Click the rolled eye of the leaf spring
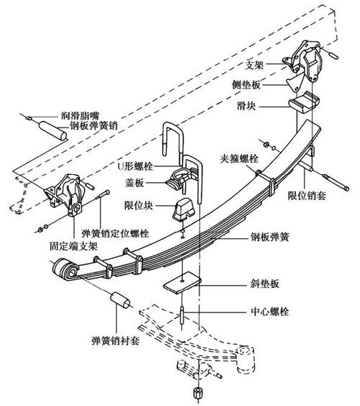(62, 271)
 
